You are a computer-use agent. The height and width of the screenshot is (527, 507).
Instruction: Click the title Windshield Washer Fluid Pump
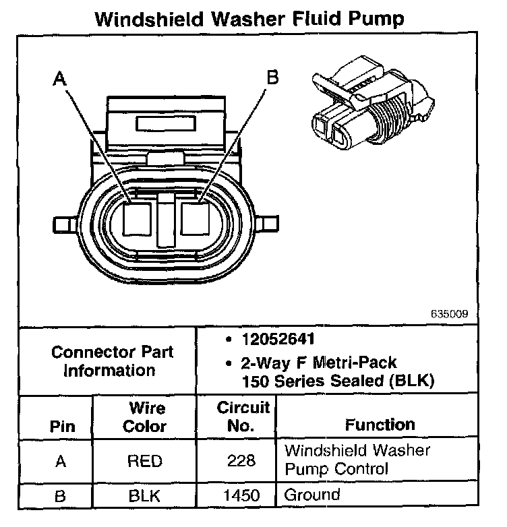(x=249, y=18)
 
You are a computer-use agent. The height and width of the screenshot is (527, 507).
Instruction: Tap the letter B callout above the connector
(x=272, y=78)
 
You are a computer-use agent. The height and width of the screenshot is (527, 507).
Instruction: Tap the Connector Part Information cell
(x=112, y=361)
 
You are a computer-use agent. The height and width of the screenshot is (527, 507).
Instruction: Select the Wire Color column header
(x=146, y=417)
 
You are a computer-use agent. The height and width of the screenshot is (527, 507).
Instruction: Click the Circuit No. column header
(x=243, y=417)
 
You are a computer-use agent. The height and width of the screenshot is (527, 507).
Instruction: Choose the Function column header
(x=380, y=425)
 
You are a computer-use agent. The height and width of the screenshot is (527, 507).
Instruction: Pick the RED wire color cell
(x=145, y=461)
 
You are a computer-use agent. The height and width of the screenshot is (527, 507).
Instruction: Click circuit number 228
(x=242, y=461)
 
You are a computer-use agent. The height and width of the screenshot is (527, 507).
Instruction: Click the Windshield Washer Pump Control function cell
(x=357, y=459)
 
